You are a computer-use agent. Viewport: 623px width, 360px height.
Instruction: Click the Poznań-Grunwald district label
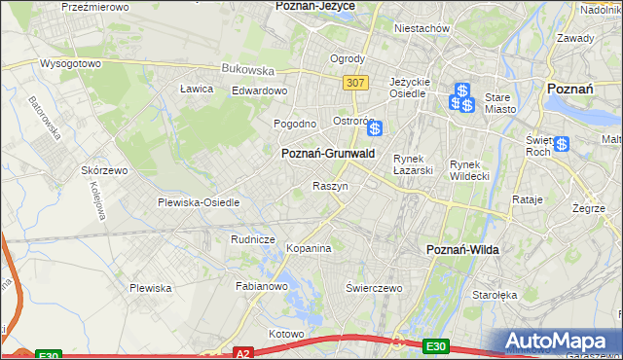tap(327, 154)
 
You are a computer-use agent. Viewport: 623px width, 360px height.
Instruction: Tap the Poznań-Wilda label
tap(463, 250)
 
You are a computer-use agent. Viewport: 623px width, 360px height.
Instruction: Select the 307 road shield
tap(355, 83)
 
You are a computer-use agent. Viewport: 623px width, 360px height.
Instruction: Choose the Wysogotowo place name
tap(70, 63)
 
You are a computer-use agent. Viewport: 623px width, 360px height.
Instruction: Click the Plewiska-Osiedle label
tap(199, 202)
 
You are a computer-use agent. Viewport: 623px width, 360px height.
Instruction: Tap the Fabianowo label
tap(262, 286)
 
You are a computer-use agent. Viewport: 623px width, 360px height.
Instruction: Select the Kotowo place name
tap(286, 334)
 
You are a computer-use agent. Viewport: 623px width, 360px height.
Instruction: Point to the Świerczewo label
tap(375, 288)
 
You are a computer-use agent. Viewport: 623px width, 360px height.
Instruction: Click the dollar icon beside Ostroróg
tap(374, 127)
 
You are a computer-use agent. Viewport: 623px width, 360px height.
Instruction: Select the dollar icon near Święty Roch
tap(562, 144)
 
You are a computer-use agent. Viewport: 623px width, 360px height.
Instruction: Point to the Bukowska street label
tap(247, 70)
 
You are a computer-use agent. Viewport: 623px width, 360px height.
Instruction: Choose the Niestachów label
tap(421, 28)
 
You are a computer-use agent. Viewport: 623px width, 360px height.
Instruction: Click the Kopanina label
tap(310, 248)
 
